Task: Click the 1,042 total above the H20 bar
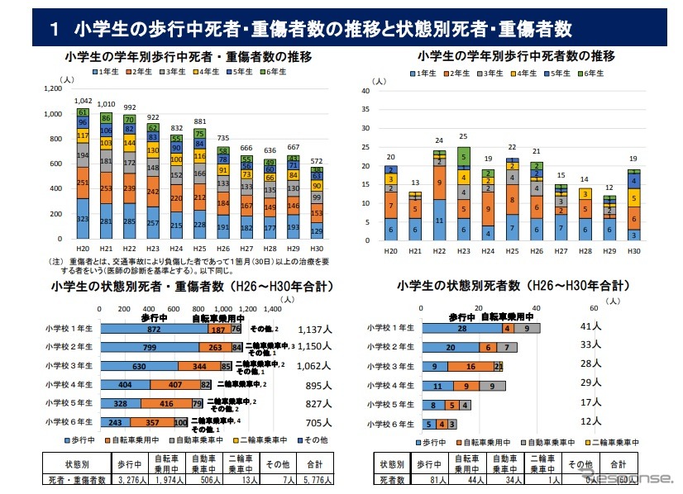pyautogui.click(x=83, y=100)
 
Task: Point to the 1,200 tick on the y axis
pyautogui.click(x=51, y=88)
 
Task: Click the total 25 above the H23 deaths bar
pyautogui.click(x=463, y=137)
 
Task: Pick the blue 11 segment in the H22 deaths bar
pyautogui.click(x=438, y=221)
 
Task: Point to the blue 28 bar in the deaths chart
pyautogui.click(x=462, y=328)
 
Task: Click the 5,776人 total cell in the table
pyautogui.click(x=315, y=478)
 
